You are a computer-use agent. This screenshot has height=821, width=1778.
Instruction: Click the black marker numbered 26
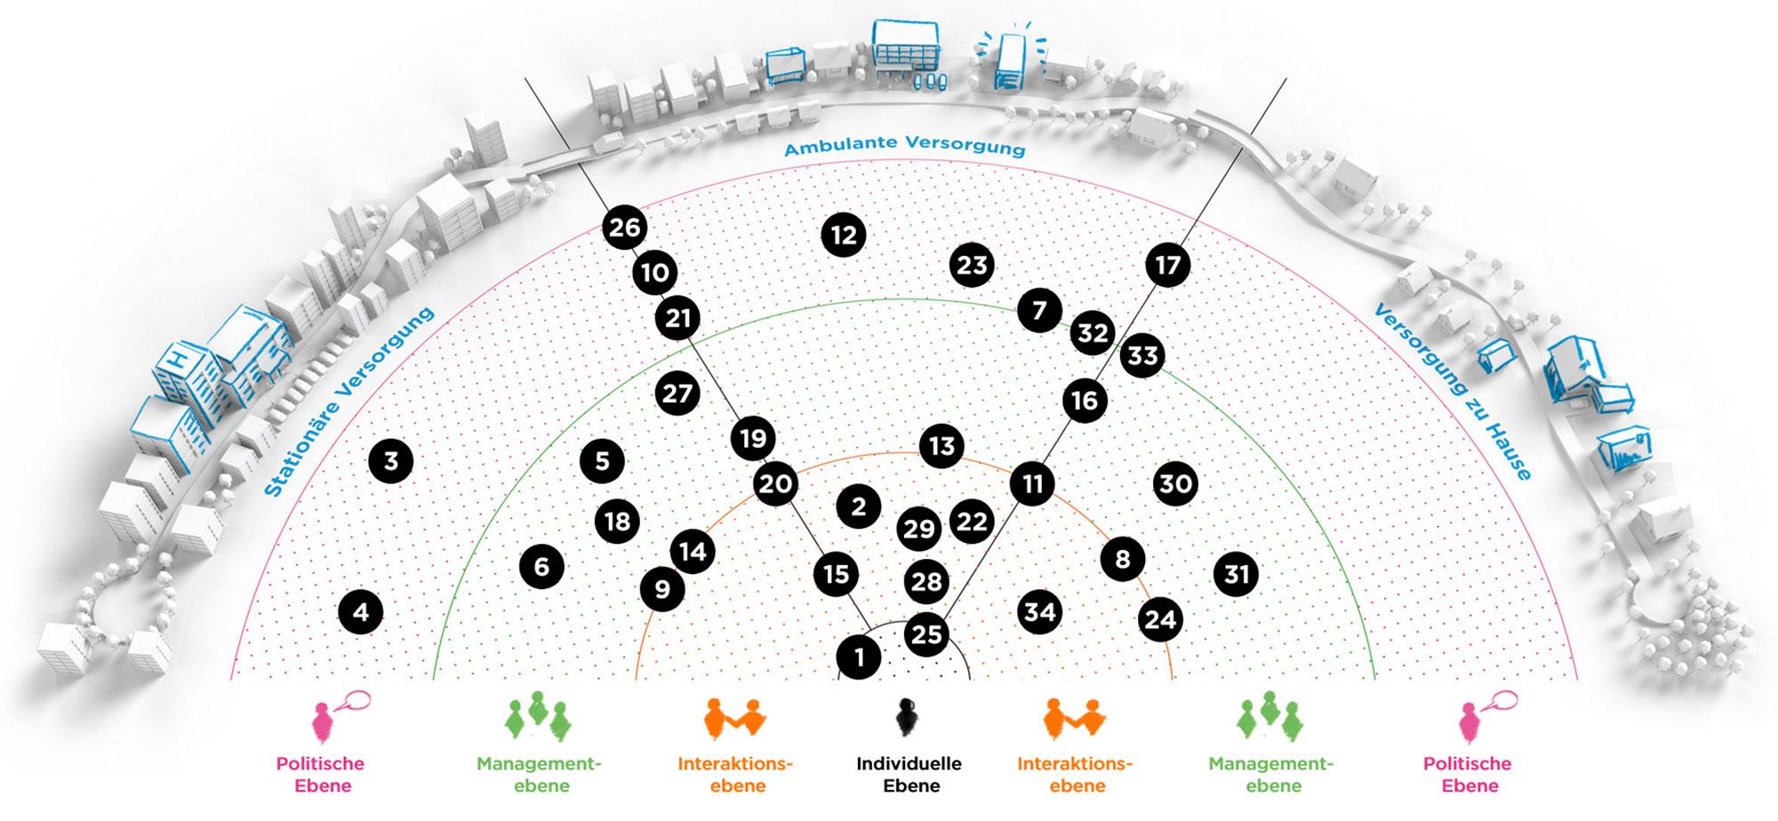tap(624, 227)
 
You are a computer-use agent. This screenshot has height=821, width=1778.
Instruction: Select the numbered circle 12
tap(843, 235)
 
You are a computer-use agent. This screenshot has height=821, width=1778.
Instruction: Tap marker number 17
tap(1167, 265)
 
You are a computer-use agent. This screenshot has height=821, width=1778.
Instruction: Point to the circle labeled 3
tap(391, 460)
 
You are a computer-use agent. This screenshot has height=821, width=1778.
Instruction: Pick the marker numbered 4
tap(361, 612)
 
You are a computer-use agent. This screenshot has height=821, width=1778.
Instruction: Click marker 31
tap(1237, 574)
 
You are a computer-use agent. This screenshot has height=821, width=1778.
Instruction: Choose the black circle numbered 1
tap(859, 658)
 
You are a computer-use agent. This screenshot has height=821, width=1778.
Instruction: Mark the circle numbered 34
tap(1039, 611)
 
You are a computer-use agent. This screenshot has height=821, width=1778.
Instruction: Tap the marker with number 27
tap(677, 394)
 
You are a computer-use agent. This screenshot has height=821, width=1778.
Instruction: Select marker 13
tap(941, 445)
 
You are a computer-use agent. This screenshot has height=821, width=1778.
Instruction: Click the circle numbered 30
tap(1175, 483)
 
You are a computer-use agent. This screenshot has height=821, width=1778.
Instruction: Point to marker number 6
tap(541, 566)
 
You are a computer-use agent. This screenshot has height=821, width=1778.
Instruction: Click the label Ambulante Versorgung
tap(904, 145)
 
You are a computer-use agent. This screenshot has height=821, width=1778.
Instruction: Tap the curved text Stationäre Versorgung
tap(348, 402)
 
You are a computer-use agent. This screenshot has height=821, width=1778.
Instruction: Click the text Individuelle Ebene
tap(909, 774)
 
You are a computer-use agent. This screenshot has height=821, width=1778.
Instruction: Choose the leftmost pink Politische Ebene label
tap(320, 774)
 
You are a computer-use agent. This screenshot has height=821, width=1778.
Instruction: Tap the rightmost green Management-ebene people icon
tap(1269, 717)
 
